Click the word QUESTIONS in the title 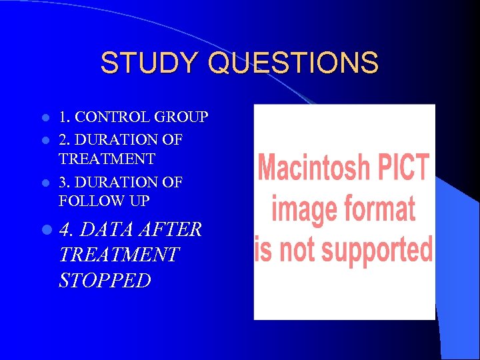[x=293, y=63]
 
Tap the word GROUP [x=181, y=117]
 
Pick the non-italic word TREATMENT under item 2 [x=107, y=159]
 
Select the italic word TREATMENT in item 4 [x=119, y=255]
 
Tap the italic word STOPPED [x=105, y=280]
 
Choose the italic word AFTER [x=171, y=230]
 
